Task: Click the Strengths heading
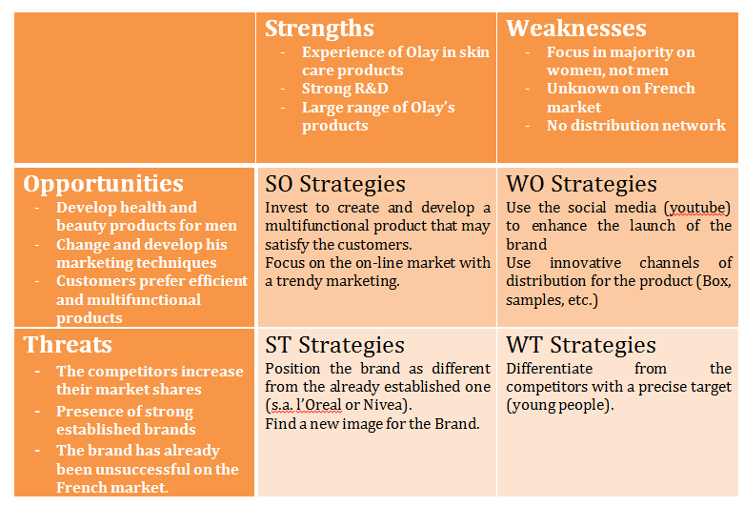319,29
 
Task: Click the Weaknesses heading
575,29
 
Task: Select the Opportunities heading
103,183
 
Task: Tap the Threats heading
67,344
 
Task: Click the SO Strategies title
334,184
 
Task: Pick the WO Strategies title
581,184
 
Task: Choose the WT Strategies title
580,345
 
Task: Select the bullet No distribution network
635,125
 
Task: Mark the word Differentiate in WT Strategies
549,369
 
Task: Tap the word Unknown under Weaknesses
579,89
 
